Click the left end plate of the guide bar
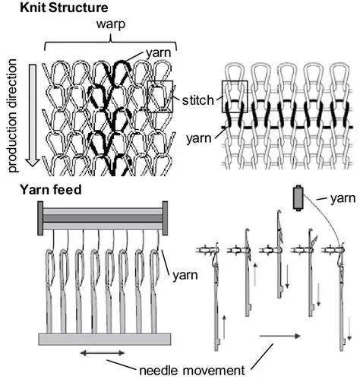35,219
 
